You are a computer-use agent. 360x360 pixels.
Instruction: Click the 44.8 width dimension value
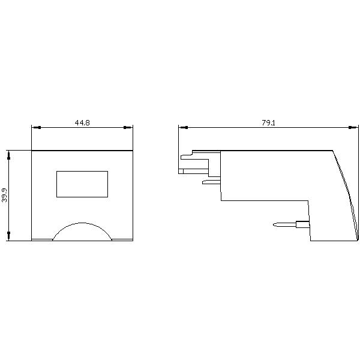(82, 122)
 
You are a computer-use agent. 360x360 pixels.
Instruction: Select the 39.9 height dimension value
(4, 196)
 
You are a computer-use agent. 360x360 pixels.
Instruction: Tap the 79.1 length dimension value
(268, 122)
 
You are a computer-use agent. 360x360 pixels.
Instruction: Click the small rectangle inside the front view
(82, 184)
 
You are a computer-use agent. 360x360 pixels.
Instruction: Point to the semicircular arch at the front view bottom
(82, 223)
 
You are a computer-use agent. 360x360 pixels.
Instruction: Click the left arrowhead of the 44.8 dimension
(36, 127)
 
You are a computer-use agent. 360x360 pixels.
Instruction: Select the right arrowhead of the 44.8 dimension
(128, 127)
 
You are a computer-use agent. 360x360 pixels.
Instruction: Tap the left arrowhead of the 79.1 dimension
(183, 127)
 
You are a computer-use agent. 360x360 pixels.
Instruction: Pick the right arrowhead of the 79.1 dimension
(353, 127)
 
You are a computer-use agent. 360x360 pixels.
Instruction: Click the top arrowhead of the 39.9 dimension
(9, 155)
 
